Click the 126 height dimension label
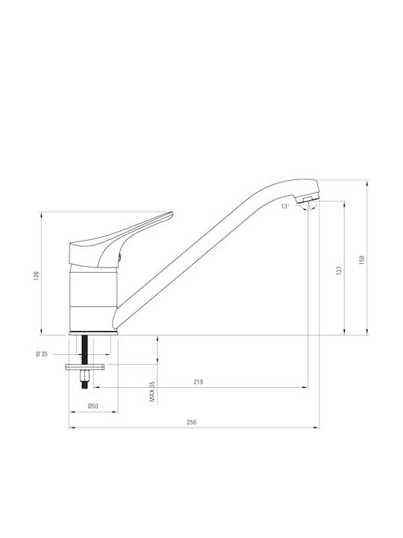37,276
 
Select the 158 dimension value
362,260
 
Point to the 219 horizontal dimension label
199,382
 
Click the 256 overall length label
192,422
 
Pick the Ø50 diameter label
93,406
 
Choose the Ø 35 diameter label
42,354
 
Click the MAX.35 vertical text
152,392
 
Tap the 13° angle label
285,206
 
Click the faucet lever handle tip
172,214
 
